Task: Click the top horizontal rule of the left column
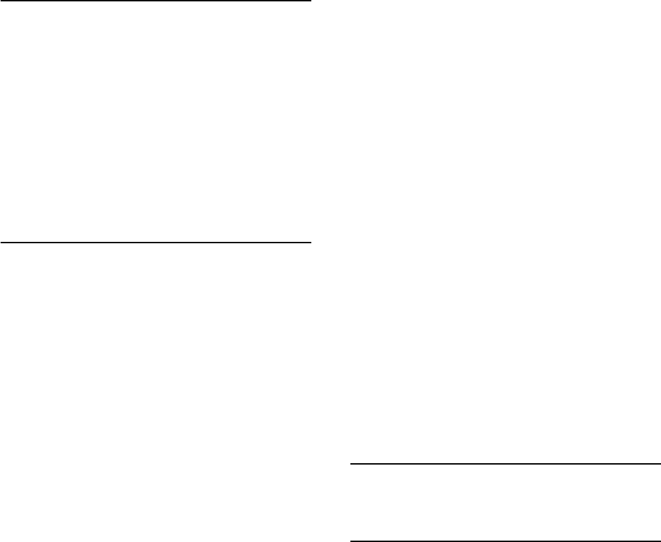click(x=156, y=1)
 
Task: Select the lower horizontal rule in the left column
click(x=156, y=243)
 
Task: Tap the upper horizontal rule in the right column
click(x=505, y=465)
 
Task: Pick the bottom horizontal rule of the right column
click(x=505, y=541)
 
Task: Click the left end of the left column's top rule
click(x=1, y=1)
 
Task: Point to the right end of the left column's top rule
click(x=310, y=1)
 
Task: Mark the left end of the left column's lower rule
click(x=1, y=243)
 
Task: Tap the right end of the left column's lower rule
click(x=310, y=243)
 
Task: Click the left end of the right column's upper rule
click(x=351, y=465)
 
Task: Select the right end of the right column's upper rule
click(x=660, y=465)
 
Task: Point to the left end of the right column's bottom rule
click(x=351, y=541)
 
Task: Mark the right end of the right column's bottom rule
click(x=660, y=541)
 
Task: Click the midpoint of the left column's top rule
click(x=156, y=1)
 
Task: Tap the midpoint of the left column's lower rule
click(x=156, y=243)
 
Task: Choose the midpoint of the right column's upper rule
click(x=505, y=465)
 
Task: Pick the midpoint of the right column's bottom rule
click(x=505, y=541)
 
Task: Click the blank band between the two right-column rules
click(x=505, y=503)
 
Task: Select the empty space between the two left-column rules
click(x=156, y=122)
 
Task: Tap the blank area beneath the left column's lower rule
click(x=156, y=391)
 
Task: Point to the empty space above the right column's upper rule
click(x=505, y=233)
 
